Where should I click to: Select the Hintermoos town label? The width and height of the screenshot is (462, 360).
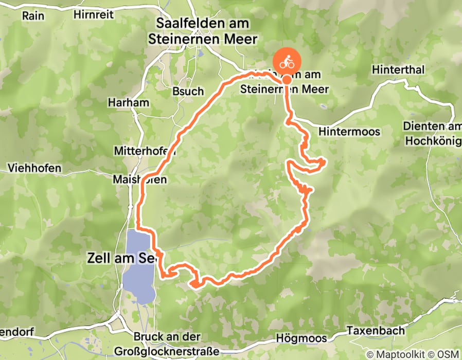[x=349, y=132]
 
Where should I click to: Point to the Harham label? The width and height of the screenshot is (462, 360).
[x=129, y=102]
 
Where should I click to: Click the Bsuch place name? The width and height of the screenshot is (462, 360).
[x=188, y=91]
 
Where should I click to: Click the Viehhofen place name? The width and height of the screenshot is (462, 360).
[x=34, y=168]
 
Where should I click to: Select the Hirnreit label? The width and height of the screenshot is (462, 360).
[x=93, y=14]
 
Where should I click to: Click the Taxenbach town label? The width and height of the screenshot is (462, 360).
[x=375, y=330]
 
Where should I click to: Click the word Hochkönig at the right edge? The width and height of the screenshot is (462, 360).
[x=433, y=140]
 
